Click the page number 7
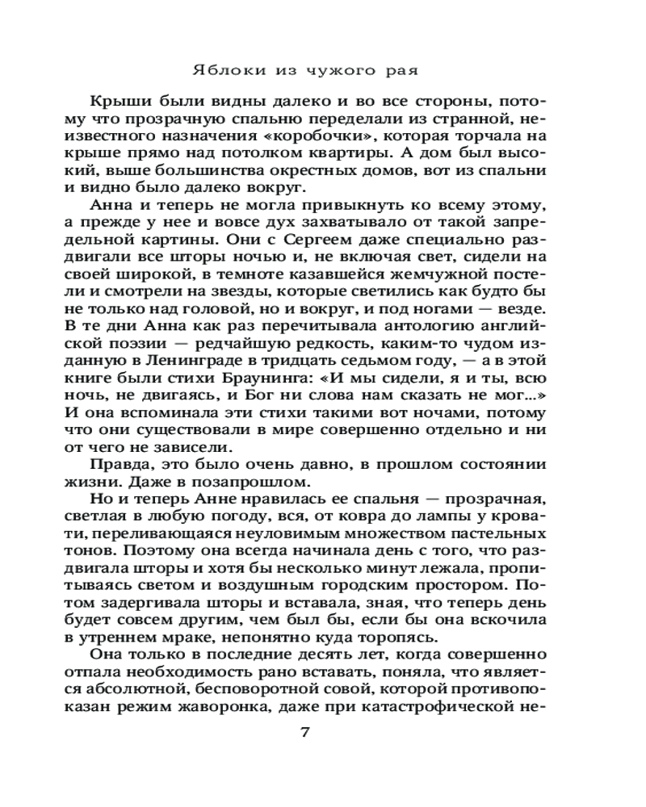(x=304, y=733)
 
